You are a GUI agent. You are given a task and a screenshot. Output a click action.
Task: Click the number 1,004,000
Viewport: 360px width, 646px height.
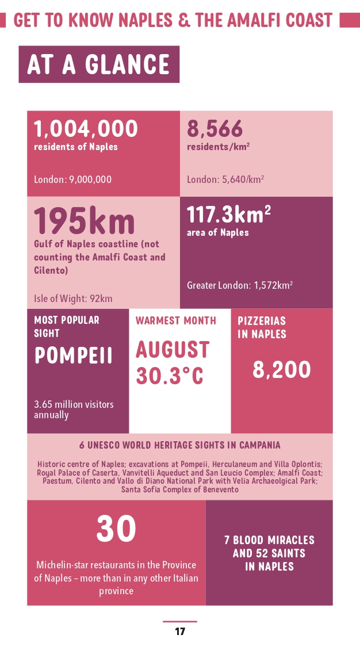(86, 129)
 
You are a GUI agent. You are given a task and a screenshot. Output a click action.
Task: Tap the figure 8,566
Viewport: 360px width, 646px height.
(215, 129)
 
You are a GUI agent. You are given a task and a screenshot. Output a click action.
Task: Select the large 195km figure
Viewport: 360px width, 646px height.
(84, 221)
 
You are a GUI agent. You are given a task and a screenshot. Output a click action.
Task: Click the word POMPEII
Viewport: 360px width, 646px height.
(74, 356)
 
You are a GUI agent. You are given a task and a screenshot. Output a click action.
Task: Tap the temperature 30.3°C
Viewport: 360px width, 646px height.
(170, 376)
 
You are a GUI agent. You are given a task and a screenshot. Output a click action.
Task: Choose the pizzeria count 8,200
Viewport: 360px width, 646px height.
(282, 370)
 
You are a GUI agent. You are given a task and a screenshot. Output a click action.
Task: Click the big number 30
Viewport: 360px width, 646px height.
(116, 529)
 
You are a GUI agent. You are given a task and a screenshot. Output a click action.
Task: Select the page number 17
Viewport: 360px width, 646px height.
(180, 632)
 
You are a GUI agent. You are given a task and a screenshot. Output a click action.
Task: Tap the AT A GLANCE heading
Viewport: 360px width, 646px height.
(99, 64)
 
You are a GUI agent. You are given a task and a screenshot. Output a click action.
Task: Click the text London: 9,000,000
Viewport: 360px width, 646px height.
(72, 179)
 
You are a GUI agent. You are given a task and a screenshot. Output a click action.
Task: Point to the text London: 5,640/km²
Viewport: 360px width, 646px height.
(225, 179)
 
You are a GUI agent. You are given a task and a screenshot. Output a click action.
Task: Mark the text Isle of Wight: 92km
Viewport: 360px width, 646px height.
(73, 299)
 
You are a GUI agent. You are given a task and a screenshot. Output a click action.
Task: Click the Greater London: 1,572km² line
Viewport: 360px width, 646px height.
(240, 285)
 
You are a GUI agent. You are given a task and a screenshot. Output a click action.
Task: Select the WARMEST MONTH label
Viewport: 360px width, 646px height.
(176, 320)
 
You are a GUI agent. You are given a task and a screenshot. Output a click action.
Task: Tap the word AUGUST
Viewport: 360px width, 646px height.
(173, 350)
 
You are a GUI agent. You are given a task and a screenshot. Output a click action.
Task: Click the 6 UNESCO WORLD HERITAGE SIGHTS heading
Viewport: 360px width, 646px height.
(180, 445)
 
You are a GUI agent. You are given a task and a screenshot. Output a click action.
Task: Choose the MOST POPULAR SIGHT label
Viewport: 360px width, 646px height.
(66, 326)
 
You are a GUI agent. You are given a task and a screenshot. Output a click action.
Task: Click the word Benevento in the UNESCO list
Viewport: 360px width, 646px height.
(219, 490)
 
